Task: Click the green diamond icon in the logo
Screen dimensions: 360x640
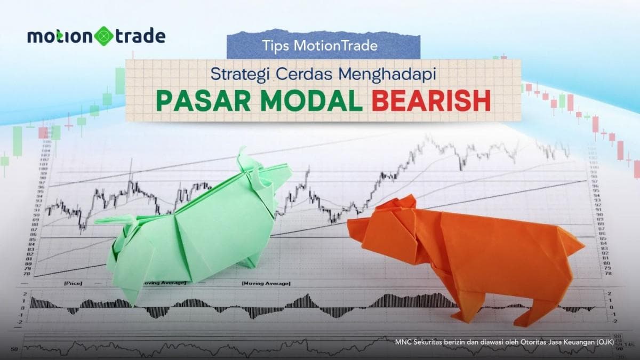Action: pos(103,36)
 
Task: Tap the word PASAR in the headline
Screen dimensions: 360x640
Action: pos(196,101)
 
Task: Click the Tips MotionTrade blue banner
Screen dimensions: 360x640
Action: pos(323,45)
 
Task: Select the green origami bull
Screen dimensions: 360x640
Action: pos(197,229)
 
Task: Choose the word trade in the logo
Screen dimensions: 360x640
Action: pos(138,36)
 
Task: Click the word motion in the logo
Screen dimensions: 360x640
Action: pos(60,36)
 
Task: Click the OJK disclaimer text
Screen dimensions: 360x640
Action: pos(505,341)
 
